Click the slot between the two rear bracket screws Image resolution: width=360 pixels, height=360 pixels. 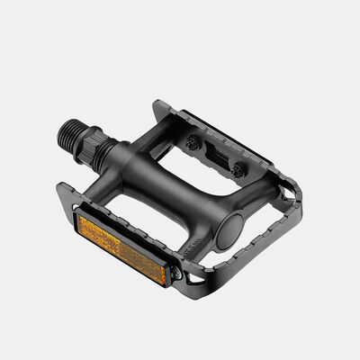216,155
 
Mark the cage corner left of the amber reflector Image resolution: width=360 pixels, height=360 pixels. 63,193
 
